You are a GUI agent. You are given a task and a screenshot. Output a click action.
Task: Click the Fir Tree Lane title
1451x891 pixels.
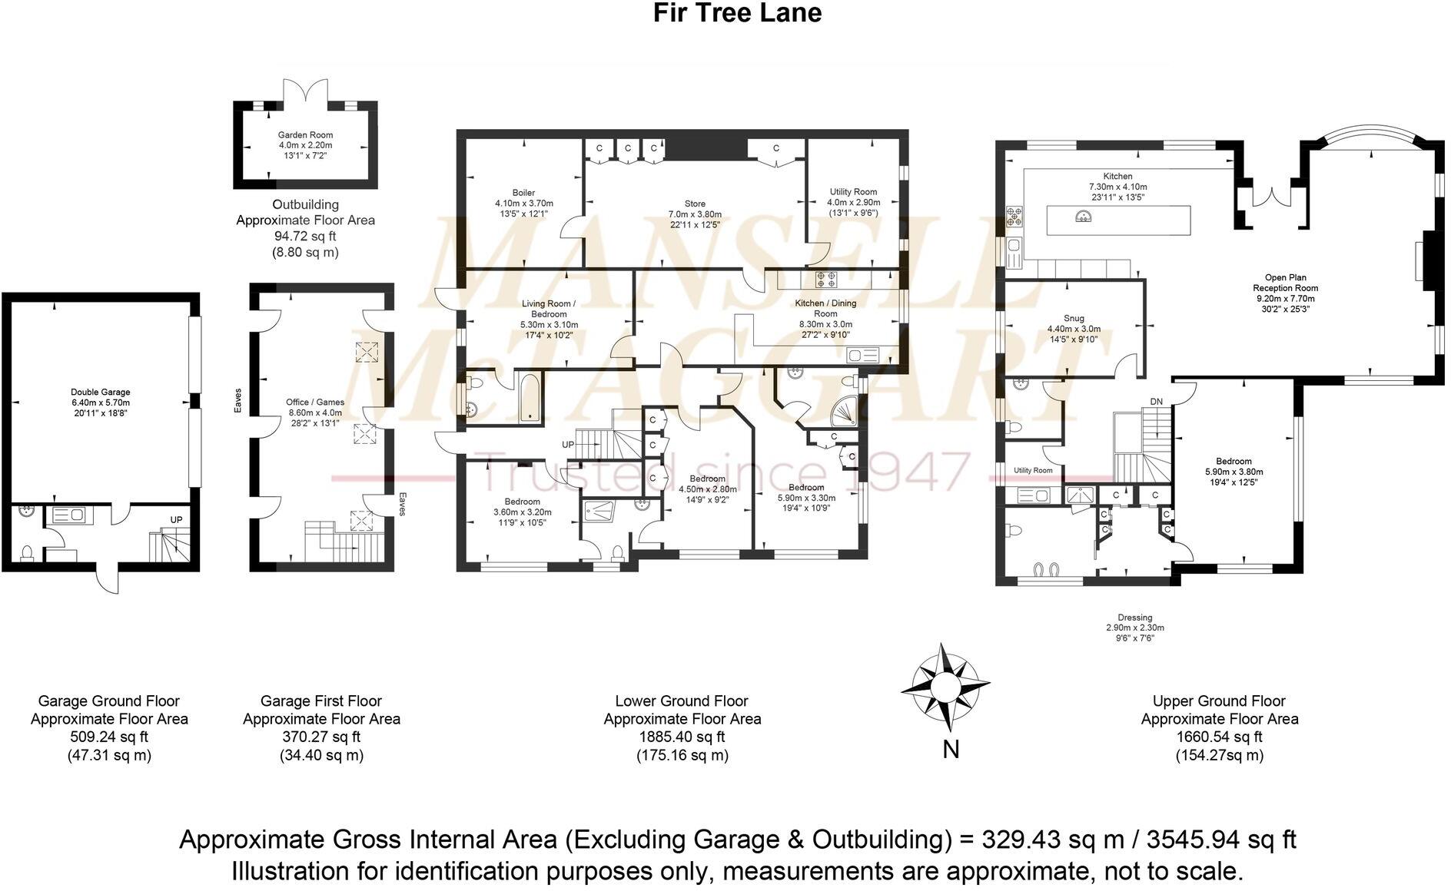(737, 13)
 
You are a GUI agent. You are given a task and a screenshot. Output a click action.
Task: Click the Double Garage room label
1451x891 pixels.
(100, 397)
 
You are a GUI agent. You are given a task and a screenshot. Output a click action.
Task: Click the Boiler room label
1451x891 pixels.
(523, 204)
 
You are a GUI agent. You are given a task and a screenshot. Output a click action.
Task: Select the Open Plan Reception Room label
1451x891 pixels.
(1286, 293)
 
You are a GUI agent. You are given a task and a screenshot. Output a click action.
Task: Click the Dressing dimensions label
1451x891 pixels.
(1134, 628)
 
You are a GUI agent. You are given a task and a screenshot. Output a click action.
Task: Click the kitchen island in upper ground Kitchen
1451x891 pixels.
(1118, 220)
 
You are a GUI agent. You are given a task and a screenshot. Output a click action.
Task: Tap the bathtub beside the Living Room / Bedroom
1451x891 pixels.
(530, 397)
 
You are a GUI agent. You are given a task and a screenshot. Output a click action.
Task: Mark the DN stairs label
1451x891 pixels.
(1156, 402)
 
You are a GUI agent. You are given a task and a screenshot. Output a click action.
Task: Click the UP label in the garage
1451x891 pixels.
(176, 520)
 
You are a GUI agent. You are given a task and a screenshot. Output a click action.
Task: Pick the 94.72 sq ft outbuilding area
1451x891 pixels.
(305, 237)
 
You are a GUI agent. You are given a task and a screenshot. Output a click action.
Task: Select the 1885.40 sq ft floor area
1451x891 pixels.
(682, 737)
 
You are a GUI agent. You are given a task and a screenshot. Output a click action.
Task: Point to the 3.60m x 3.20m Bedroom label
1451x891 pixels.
(522, 507)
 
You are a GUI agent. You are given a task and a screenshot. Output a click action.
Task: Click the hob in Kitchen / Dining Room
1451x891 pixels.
(827, 280)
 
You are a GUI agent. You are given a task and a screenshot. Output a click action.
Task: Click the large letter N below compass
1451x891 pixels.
(951, 749)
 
